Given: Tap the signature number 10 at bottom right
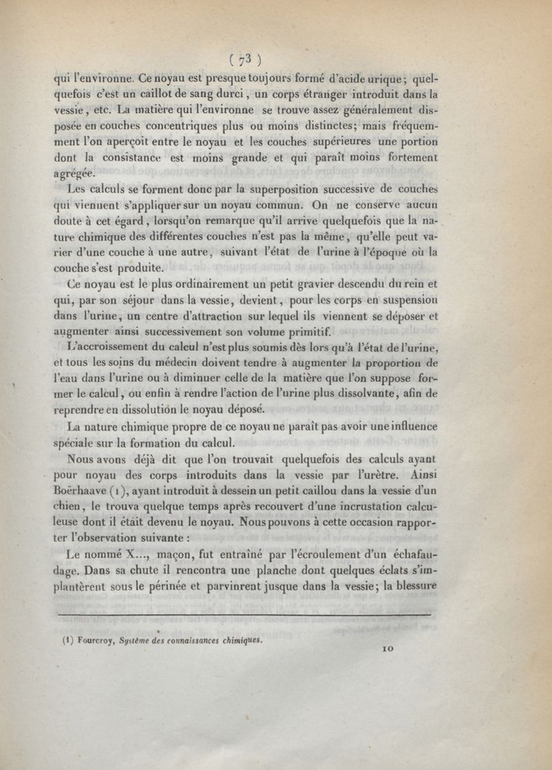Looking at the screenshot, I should coord(388,649).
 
